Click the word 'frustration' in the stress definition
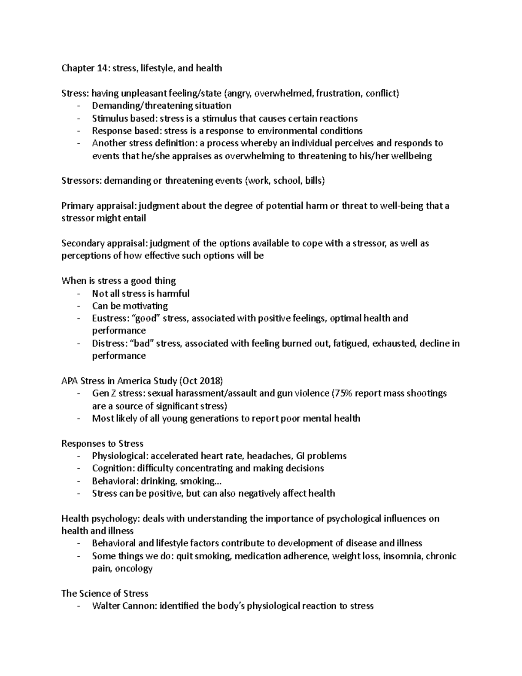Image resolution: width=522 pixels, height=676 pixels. [338, 93]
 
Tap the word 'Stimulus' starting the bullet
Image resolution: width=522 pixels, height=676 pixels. [109, 118]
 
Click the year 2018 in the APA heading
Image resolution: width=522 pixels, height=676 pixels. [210, 381]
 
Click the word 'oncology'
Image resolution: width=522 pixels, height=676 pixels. [135, 568]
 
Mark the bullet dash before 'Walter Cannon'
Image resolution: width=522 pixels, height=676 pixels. [78, 606]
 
